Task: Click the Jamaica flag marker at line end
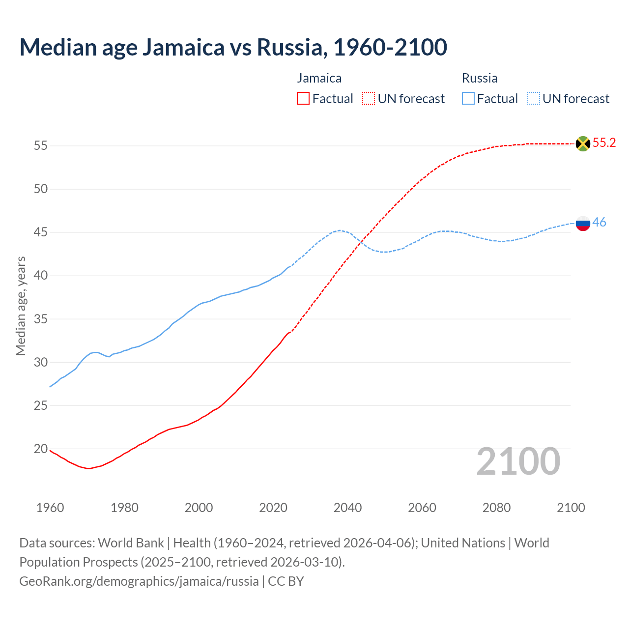coord(583,143)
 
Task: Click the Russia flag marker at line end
coord(583,223)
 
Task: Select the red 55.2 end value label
coord(604,143)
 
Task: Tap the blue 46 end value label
coord(599,223)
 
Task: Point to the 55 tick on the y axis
coord(41,146)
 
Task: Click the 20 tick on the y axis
coord(41,449)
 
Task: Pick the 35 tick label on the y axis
coord(41,319)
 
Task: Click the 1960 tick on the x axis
coord(50,508)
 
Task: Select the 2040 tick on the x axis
coord(348,508)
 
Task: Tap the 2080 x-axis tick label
coord(496,508)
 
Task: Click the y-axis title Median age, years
coord(21,306)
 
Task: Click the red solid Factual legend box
coord(303,99)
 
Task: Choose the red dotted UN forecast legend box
coord(369,99)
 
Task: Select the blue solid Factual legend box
coord(468,99)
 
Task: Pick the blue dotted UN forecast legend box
coord(534,99)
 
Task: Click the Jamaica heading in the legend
coord(319,78)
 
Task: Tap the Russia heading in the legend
coord(480,78)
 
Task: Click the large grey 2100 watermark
coord(518,461)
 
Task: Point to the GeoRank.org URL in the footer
coord(139,581)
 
